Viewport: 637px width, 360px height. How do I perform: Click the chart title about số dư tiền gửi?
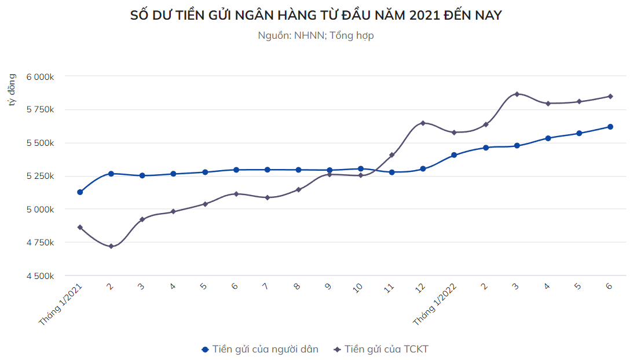point(316,16)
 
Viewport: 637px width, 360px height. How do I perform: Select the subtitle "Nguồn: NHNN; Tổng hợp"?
point(316,35)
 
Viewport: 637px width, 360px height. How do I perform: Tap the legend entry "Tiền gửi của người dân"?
point(260,349)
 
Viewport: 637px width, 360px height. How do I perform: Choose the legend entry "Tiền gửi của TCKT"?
point(382,349)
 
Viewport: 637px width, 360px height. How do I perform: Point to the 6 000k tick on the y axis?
point(40,76)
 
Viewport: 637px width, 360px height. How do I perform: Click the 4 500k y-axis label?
point(40,276)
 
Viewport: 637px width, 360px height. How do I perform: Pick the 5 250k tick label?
point(40,176)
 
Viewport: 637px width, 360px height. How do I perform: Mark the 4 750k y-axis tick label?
point(40,243)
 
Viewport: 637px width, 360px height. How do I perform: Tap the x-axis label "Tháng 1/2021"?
point(61,304)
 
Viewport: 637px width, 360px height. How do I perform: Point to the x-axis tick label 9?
point(328,286)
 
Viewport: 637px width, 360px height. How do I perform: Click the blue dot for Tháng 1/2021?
point(80,192)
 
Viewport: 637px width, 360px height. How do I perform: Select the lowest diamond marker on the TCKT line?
point(111,247)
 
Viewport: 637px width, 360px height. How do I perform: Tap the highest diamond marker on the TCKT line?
point(517,94)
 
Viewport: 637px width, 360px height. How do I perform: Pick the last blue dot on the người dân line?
point(610,127)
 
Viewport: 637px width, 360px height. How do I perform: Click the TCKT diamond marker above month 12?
point(423,123)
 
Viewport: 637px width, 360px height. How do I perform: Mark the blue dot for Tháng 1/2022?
point(454,155)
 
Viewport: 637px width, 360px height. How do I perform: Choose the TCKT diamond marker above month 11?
point(392,155)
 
